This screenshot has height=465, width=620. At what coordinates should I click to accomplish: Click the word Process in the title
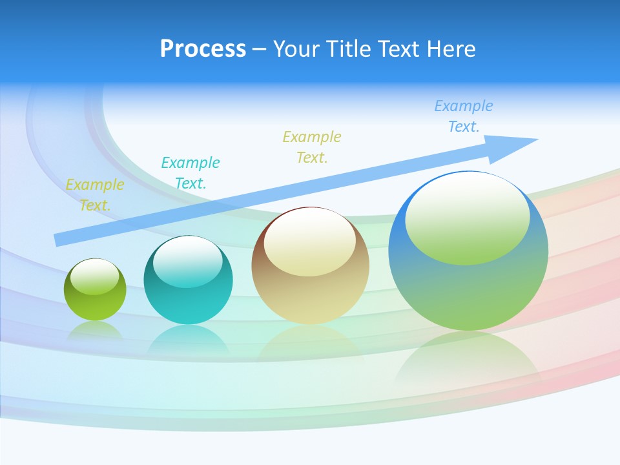tap(203, 49)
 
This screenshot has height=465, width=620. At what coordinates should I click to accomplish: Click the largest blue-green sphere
tap(468, 284)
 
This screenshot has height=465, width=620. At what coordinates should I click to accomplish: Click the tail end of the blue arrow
tap(59, 240)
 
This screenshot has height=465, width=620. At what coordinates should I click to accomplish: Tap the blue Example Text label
tap(463, 116)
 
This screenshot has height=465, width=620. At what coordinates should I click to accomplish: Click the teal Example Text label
tap(191, 172)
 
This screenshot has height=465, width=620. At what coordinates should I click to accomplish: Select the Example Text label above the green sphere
tap(95, 194)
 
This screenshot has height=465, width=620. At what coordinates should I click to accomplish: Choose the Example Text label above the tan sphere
tap(312, 147)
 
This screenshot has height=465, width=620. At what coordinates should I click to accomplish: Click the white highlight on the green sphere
tap(94, 276)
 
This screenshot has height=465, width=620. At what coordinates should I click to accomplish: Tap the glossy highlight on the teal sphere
tap(188, 262)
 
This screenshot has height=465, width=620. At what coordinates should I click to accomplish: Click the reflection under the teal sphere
tap(188, 338)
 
